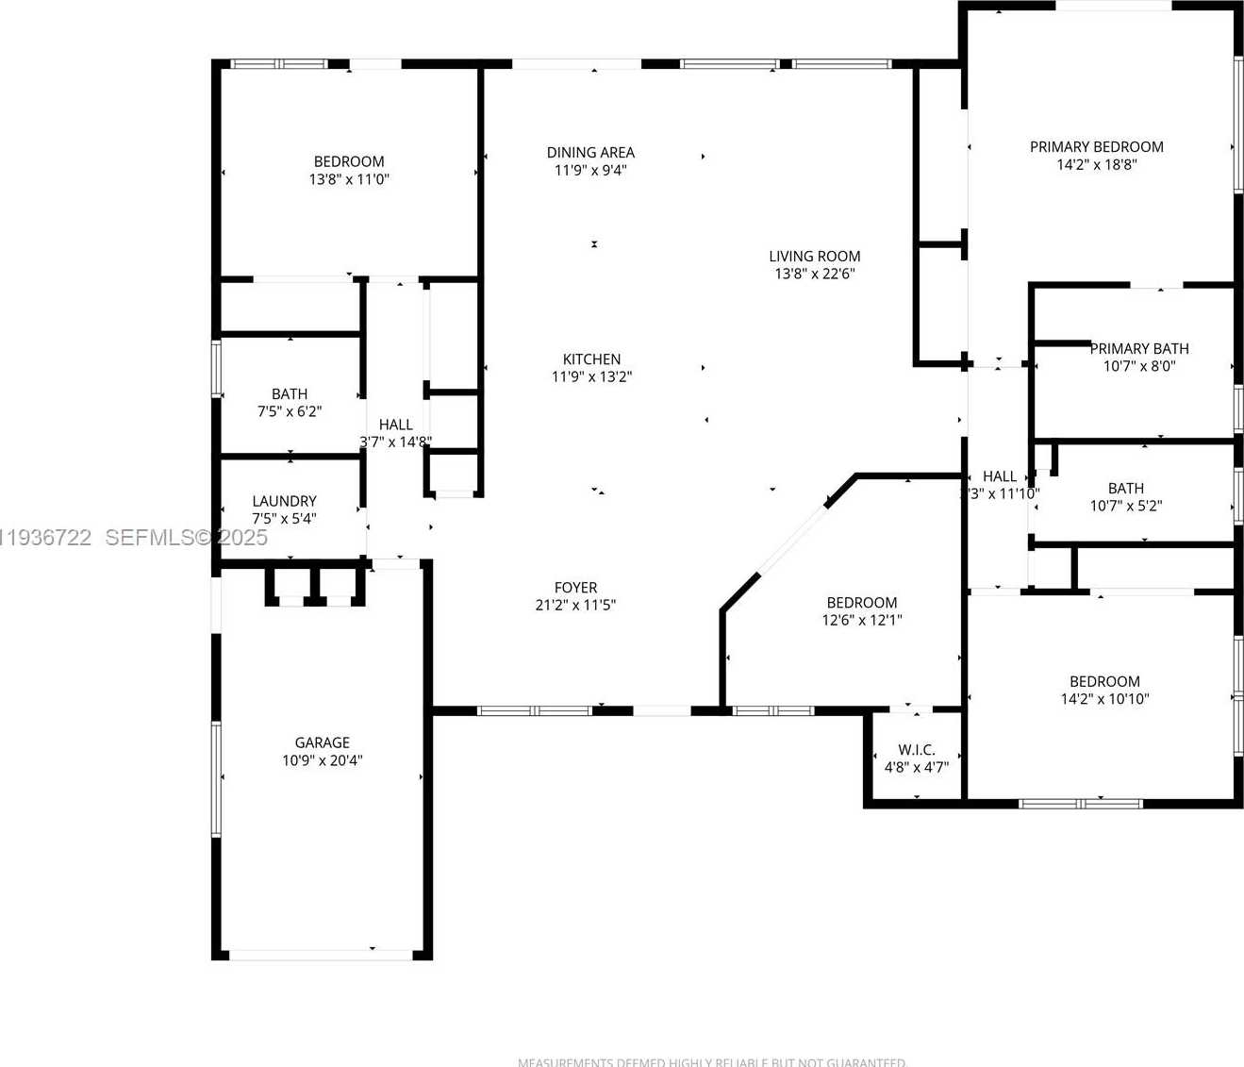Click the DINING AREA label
tap(590, 152)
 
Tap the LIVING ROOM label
tap(814, 256)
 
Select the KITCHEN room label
tap(591, 358)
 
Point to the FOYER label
tap(575, 587)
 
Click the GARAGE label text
tap(322, 742)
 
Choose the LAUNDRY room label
tap(284, 501)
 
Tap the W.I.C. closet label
tap(916, 750)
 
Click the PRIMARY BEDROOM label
tap(1096, 146)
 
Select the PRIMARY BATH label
tap(1139, 348)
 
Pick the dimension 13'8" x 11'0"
tap(349, 179)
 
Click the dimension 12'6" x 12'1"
tap(862, 620)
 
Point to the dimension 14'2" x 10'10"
tap(1104, 699)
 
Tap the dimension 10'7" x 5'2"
tap(1126, 506)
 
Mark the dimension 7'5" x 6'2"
tap(290, 411)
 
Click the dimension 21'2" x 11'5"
tap(575, 605)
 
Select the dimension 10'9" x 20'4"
tap(322, 760)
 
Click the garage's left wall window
tap(216, 779)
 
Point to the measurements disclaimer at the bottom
tap(711, 1061)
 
